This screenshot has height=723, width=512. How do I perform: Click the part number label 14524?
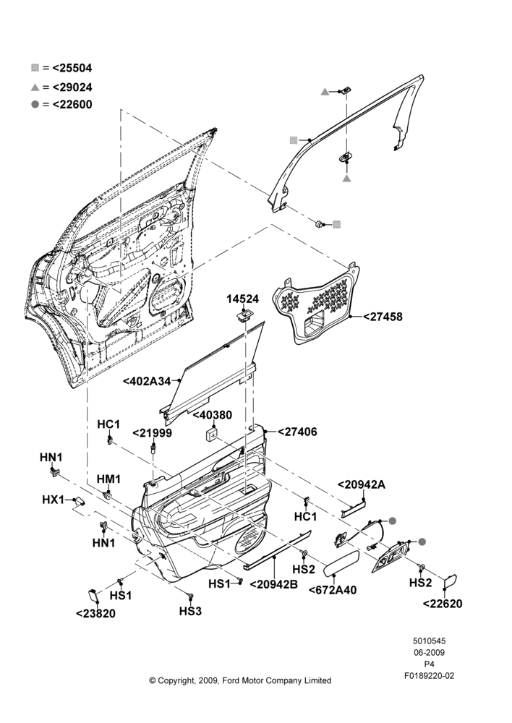point(242,299)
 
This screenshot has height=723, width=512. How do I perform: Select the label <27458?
point(383,317)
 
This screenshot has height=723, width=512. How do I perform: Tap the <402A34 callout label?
point(147,381)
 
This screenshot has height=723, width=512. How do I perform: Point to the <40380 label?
point(212,415)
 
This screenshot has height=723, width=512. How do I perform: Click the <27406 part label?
point(297,432)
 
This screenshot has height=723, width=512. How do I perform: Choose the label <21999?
point(152,433)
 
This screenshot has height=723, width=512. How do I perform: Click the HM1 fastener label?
point(108,479)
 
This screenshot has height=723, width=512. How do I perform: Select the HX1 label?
point(53,500)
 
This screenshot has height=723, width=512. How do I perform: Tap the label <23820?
point(95,613)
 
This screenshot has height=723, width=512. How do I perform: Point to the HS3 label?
point(190,611)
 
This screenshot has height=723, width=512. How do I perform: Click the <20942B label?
point(273,584)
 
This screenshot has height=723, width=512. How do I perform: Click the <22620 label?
point(443,604)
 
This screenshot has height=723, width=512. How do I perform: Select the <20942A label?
point(362,484)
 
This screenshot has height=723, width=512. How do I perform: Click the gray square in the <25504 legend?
point(35,68)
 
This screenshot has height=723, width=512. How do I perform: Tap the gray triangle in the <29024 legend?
point(35,87)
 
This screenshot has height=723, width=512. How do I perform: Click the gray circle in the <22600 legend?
point(35,105)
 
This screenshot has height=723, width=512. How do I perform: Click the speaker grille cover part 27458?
point(318,305)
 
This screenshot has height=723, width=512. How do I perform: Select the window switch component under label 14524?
point(244,315)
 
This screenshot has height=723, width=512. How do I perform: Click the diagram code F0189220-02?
point(430,676)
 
